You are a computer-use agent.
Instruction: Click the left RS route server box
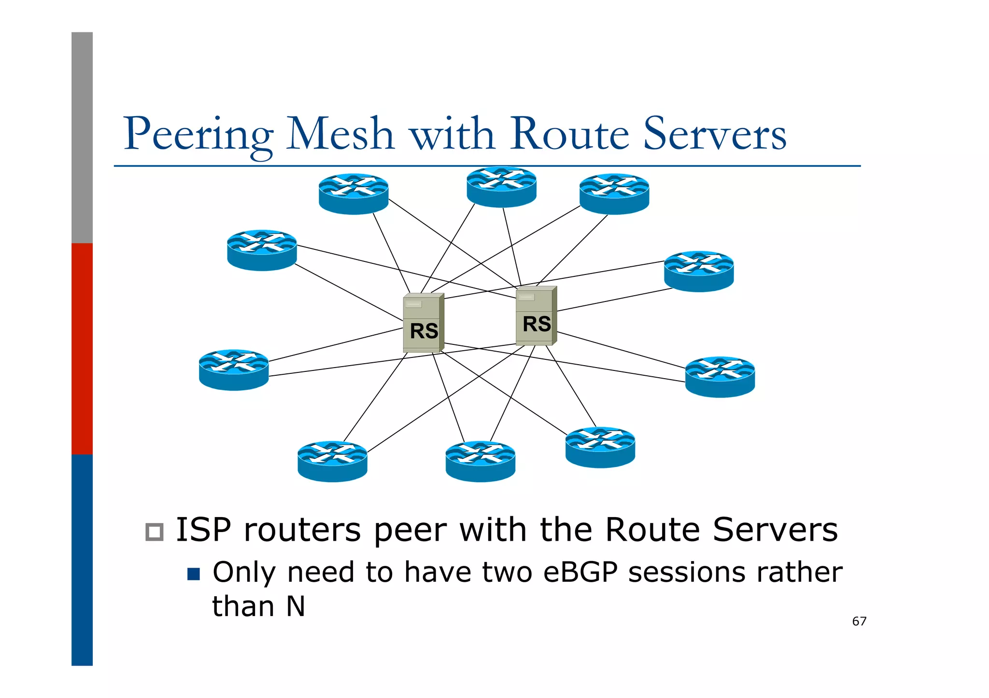coord(423,323)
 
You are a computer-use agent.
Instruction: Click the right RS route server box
coord(536,316)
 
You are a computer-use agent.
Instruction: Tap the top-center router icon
coord(501,187)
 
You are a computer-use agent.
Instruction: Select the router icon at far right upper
coord(698,272)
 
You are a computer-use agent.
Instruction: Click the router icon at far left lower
coord(234,370)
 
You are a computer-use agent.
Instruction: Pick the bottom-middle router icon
coord(480,462)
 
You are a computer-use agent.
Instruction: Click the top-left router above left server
coord(353,194)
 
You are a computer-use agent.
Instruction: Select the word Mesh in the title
coord(340,134)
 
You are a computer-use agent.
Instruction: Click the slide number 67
coord(859,621)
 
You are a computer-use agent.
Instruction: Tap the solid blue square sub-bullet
coord(194,574)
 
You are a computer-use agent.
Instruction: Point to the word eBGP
coord(580,573)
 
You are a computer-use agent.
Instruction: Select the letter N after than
coord(296,606)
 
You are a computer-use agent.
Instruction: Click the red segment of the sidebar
coord(82,348)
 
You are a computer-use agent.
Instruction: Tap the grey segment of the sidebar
coord(82,137)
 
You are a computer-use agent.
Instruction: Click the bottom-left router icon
coord(332,462)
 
